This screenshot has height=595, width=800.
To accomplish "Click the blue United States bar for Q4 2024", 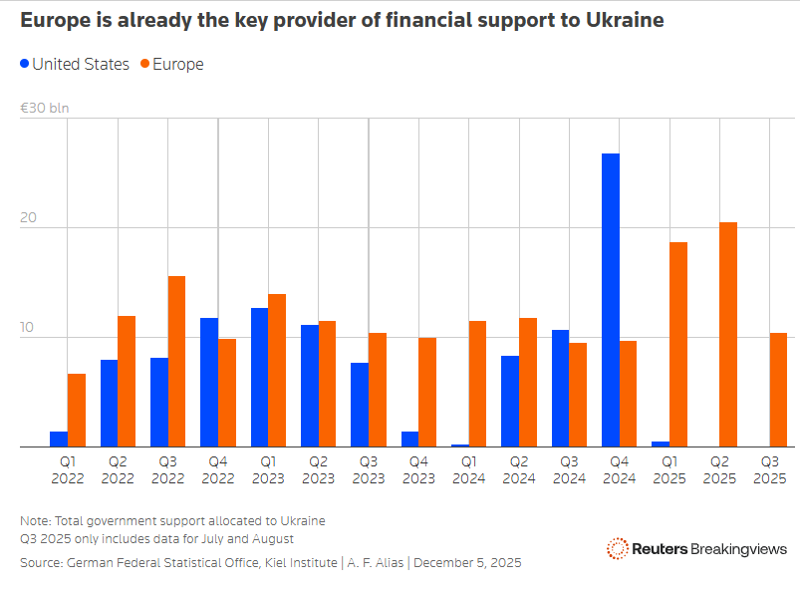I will tap(610, 300).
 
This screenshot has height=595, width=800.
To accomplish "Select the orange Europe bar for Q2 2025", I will tap(728, 334).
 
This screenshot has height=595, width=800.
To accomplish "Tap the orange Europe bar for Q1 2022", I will tap(77, 410).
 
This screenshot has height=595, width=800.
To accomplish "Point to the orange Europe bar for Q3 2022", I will tap(176, 361).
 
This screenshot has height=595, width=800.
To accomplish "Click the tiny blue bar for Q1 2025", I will tap(660, 444).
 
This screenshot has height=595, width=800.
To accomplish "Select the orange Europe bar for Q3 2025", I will tap(778, 390).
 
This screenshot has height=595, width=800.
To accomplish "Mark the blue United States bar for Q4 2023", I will tap(409, 439).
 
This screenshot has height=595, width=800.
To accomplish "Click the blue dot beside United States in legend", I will tap(25, 65).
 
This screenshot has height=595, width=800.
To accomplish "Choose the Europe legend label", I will tap(178, 65).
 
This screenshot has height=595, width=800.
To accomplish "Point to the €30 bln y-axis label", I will tap(44, 108).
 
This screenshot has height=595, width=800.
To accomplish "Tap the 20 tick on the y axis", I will tap(27, 218).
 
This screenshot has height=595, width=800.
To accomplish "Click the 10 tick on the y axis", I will tap(27, 328).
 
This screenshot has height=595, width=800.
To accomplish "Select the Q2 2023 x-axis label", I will tap(318, 469).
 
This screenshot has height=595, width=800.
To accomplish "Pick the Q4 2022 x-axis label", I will tap(218, 469).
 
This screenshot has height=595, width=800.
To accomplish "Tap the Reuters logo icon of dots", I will tap(617, 548).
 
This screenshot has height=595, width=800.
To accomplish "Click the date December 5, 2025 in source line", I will tap(467, 563).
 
